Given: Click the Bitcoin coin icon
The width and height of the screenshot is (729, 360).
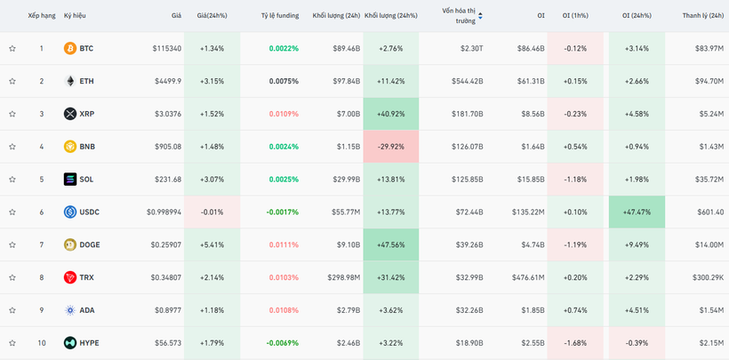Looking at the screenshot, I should coord(70,48).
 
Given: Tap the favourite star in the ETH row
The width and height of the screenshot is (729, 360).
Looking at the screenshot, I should coord(12,81).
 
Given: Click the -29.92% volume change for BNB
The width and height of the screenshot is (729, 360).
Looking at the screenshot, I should coord(390,147).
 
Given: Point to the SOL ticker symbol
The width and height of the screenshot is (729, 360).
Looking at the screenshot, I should coord(86,180).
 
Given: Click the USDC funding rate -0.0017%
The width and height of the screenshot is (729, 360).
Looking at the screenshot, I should coord(283,212).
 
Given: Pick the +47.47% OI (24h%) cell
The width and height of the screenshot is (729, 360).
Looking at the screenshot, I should coord(637,212).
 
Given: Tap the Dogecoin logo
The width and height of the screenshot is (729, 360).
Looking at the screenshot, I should coord(70,244).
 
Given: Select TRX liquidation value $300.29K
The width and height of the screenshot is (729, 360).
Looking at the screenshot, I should coord(708,277).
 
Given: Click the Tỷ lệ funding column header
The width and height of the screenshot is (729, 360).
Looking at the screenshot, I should coord(280,16).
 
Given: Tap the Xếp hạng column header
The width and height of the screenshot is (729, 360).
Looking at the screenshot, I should coord(42,16).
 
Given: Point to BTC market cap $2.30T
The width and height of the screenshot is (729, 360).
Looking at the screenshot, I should coord(471,48).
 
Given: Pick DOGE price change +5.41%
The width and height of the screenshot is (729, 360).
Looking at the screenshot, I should coord(212,244).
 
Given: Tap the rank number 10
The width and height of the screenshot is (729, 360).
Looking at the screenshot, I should coord(41,343).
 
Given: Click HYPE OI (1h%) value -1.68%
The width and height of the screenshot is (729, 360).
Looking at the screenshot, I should coord(575,343).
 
